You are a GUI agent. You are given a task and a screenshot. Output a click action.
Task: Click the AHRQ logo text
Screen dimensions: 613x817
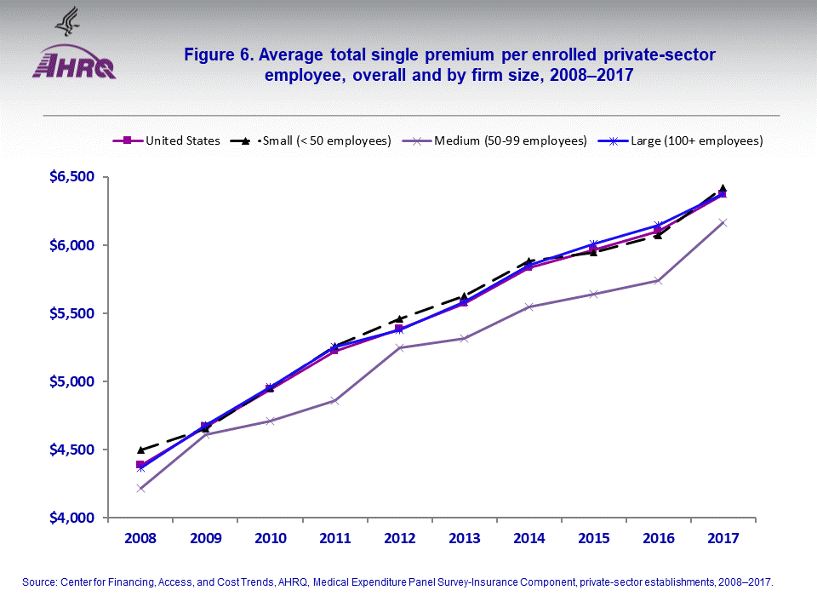pos(74,65)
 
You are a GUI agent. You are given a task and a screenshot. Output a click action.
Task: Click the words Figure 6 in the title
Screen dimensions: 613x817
pos(217,55)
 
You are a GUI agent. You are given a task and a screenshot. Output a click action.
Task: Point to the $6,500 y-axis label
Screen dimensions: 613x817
pos(71,177)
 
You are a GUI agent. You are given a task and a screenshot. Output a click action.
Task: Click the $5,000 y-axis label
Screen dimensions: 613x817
pos(71,381)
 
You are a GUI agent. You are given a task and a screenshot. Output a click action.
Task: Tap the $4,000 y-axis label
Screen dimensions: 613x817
pos(71,518)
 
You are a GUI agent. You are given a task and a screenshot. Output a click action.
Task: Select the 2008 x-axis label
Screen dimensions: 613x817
pos(140,538)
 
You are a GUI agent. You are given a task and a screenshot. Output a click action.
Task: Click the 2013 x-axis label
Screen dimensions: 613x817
pos(463,538)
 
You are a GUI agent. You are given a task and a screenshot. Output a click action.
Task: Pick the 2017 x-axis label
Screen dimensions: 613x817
pos(722,538)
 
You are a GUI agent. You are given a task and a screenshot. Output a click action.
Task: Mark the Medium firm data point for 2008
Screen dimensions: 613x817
pos(140,488)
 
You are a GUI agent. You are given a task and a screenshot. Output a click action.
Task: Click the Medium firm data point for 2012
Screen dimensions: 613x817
pos(398,347)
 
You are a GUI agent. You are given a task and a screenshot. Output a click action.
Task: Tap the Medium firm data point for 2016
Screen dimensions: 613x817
pos(657,280)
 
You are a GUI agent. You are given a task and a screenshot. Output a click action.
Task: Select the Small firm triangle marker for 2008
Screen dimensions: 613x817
pos(140,450)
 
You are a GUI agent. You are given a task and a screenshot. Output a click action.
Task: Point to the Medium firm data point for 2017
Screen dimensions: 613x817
pos(722,222)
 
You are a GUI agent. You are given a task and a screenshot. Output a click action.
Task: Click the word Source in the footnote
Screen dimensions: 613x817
pos(39,582)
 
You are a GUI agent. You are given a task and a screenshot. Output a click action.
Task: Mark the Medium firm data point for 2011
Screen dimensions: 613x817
pos(334,400)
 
